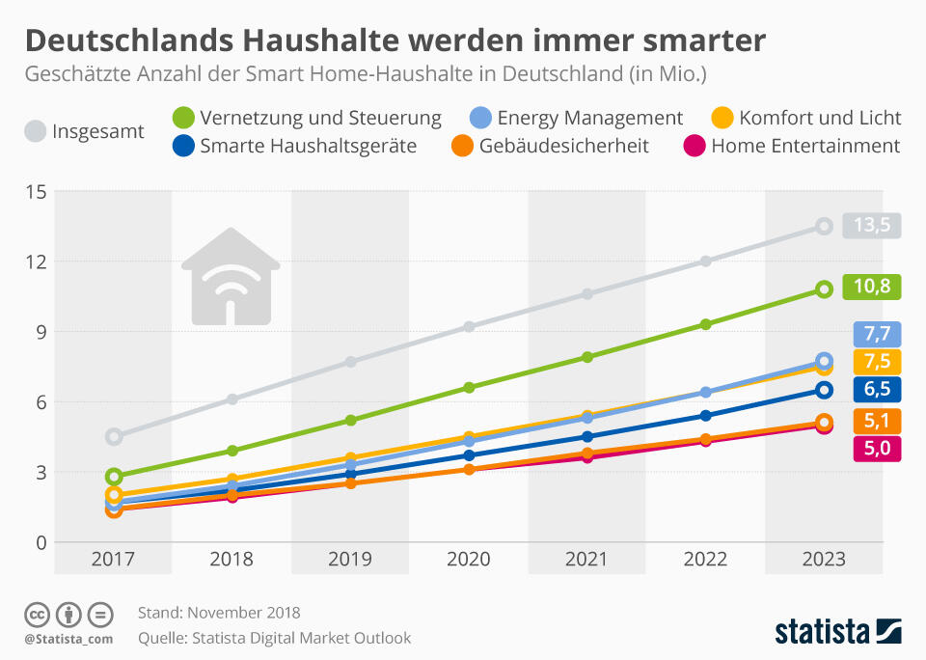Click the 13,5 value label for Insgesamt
872,226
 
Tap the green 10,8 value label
872,287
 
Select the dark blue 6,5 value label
877,390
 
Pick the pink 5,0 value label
877,448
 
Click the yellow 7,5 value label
877,362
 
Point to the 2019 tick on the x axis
350,560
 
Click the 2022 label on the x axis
705,560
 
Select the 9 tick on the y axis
41,332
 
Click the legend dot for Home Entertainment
694,146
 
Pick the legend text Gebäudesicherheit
563,146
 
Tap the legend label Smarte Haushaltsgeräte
309,146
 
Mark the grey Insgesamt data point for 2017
114,436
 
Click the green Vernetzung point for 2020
469,388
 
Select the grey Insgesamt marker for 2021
587,293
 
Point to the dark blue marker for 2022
705,416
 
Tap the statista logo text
821,632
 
